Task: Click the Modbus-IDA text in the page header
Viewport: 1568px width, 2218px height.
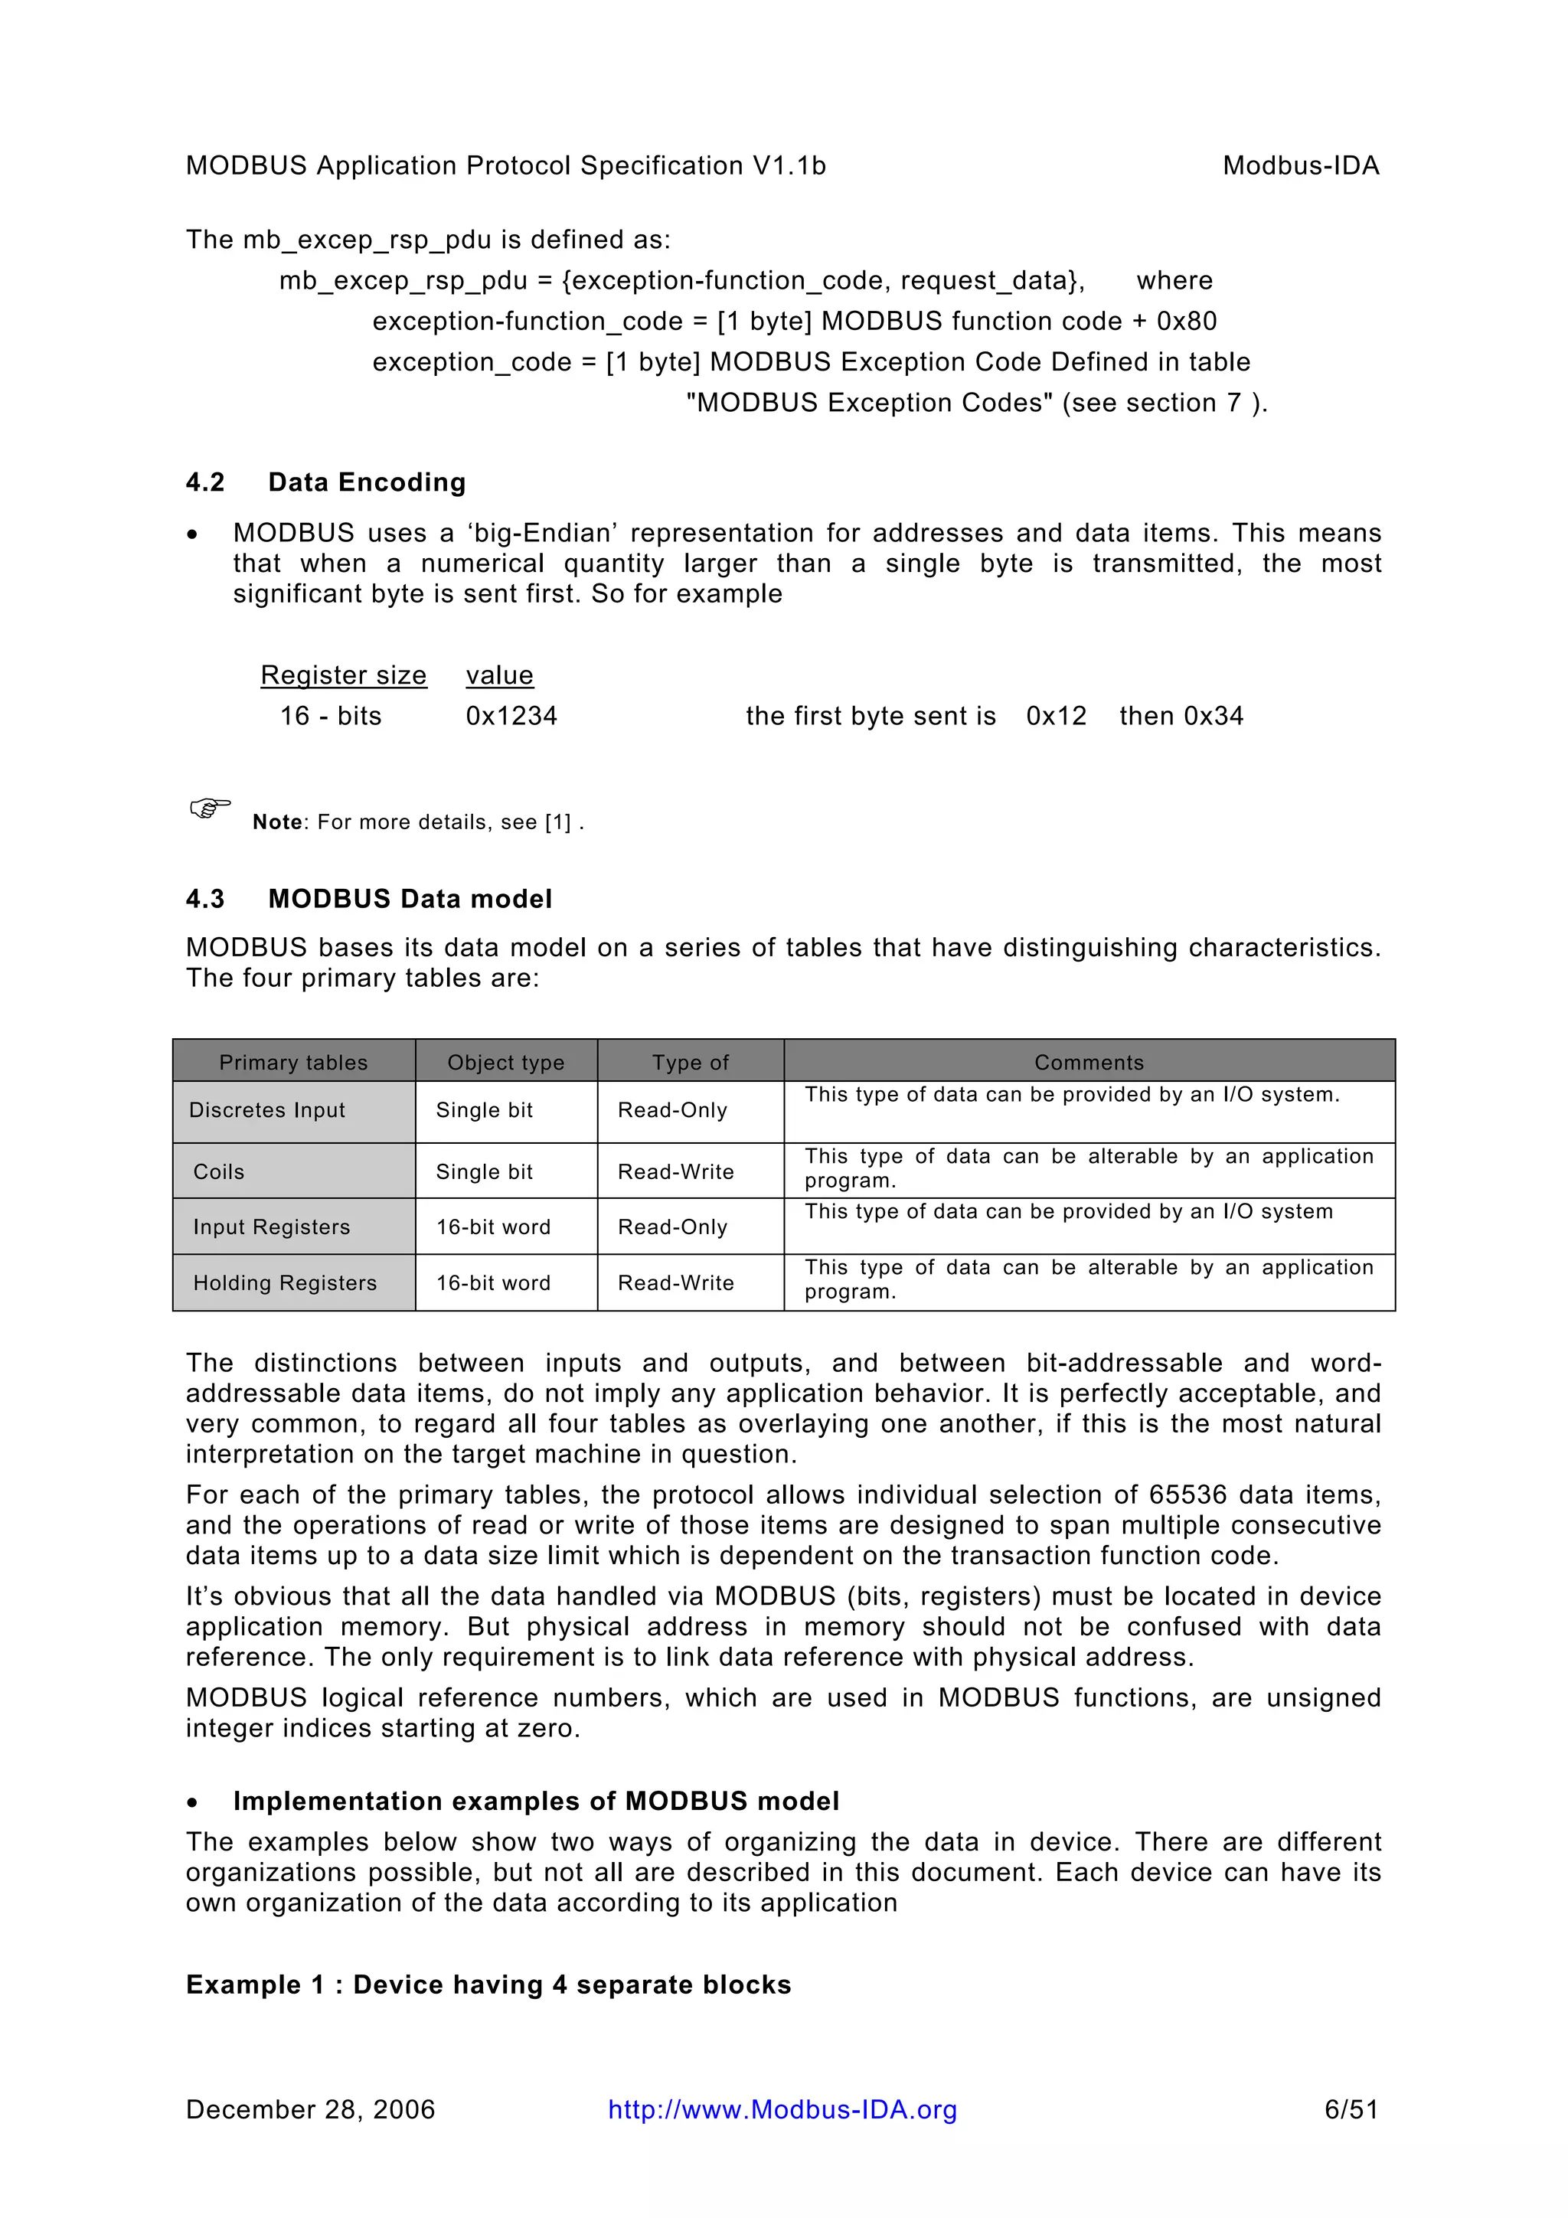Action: [x=1299, y=166]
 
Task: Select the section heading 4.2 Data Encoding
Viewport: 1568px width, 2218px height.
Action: [x=325, y=482]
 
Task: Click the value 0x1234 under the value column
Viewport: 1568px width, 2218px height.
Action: [x=511, y=716]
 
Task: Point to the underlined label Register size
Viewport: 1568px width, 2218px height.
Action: [x=343, y=675]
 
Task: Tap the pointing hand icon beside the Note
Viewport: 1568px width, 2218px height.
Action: [x=210, y=808]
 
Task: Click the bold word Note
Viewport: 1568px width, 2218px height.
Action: [x=277, y=822]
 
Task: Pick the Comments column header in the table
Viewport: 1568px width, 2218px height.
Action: [x=1089, y=1063]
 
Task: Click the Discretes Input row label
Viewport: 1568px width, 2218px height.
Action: [x=266, y=1110]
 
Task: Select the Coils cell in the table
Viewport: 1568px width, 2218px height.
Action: [x=219, y=1172]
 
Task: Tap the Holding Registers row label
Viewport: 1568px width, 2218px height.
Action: [x=284, y=1283]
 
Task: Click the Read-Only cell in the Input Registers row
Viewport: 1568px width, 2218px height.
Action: [x=672, y=1227]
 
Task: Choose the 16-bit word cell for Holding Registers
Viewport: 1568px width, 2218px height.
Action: [x=493, y=1283]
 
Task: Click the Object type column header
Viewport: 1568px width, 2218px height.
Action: [x=505, y=1063]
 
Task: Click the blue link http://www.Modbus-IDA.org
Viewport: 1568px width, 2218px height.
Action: [x=782, y=2110]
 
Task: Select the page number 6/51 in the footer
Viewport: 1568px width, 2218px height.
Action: [x=1351, y=2110]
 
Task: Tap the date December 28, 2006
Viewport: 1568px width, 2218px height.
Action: [x=310, y=2110]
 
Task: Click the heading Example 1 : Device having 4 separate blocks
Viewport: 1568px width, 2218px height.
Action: [x=488, y=1984]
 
